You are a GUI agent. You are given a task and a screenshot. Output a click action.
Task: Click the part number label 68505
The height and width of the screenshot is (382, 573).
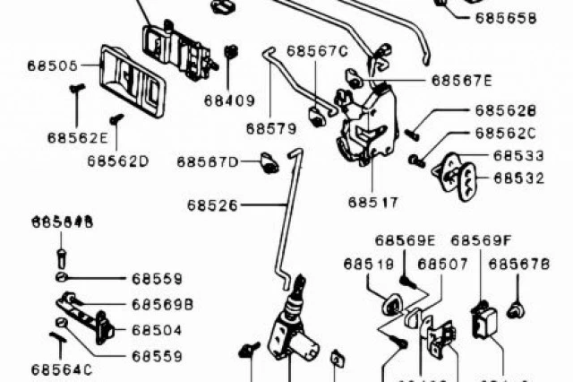[x=52, y=65]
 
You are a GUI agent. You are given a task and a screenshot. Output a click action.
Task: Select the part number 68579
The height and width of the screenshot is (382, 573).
[x=270, y=128]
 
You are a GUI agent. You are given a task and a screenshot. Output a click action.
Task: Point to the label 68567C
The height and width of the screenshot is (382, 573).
[x=316, y=51]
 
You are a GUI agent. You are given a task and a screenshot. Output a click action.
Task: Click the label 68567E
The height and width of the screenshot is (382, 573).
[x=462, y=80]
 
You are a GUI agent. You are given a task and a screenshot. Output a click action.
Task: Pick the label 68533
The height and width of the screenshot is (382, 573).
[x=518, y=155]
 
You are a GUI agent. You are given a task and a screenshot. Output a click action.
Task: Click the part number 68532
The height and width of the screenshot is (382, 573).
[x=518, y=178]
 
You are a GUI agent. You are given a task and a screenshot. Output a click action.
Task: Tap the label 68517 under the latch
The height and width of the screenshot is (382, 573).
[x=373, y=203]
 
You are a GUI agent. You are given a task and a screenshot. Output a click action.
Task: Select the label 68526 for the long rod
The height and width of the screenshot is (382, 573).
[x=212, y=205]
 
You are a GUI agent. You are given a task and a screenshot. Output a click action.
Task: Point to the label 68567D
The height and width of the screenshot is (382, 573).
[x=207, y=162]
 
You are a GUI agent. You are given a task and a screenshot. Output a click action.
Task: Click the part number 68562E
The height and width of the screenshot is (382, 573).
[x=78, y=138]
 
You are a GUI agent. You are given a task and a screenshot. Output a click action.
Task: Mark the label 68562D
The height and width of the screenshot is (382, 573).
[x=117, y=161]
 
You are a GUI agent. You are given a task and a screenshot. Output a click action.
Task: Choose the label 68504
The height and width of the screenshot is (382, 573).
[x=157, y=330]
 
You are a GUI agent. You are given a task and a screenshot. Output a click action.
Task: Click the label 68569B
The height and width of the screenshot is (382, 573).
[x=162, y=304]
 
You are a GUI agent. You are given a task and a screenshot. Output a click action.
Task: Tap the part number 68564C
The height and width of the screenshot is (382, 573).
[x=61, y=369]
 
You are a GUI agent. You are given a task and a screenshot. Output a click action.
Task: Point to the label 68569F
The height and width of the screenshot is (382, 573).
[x=481, y=240]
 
